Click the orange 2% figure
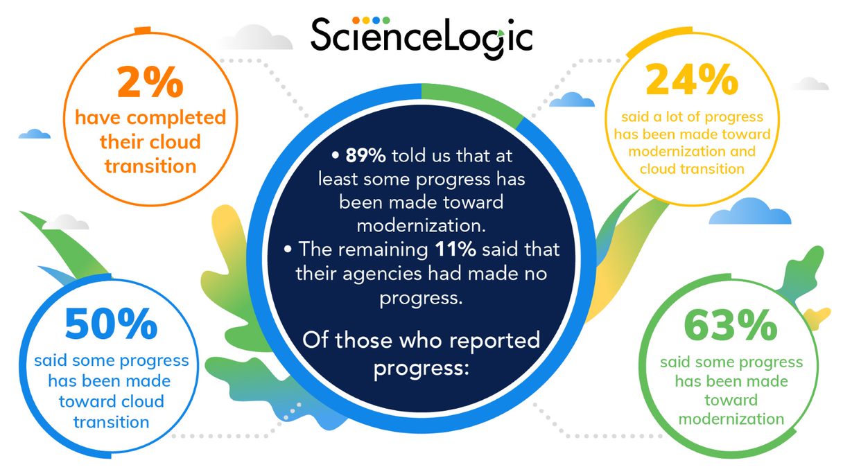coord(150,82)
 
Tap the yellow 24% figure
coord(692,79)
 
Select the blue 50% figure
coord(111,324)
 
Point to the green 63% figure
coord(731,325)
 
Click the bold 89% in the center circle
coord(365,155)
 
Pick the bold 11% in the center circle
coord(455,249)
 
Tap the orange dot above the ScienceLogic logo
coord(356,20)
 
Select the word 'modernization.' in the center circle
coord(421,226)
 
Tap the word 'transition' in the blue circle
coord(111,422)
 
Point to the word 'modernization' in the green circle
coord(731,419)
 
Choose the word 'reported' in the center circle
coord(494,340)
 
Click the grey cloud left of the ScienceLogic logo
coord(257,37)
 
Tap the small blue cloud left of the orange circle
coord(34,134)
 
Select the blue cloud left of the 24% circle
coord(572,100)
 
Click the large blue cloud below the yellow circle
coord(750,211)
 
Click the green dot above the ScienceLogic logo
coord(386,20)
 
